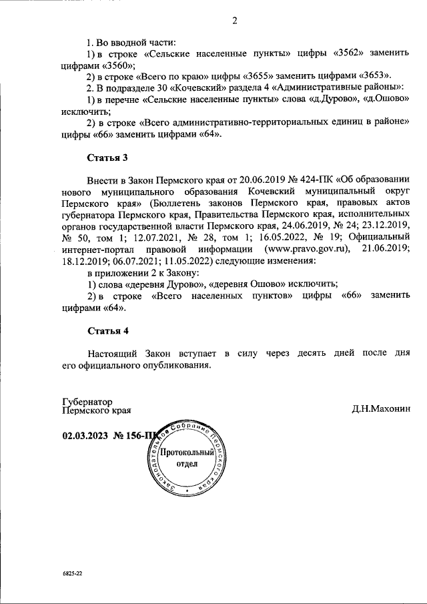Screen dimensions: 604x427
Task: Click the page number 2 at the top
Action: [x=234, y=21]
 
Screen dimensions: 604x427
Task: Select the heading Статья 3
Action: [x=107, y=158]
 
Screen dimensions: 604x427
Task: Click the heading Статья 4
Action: [x=107, y=331]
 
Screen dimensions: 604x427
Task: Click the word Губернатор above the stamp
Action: [x=85, y=402]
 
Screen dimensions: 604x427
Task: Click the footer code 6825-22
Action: [x=71, y=574]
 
